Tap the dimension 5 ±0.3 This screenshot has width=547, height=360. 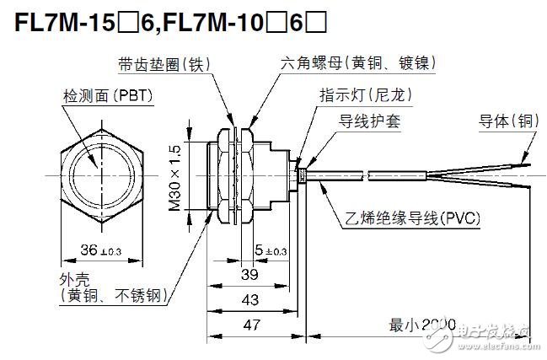click(x=269, y=250)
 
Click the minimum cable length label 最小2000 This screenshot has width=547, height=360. click(x=421, y=324)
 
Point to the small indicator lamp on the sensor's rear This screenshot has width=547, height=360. click(x=299, y=175)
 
